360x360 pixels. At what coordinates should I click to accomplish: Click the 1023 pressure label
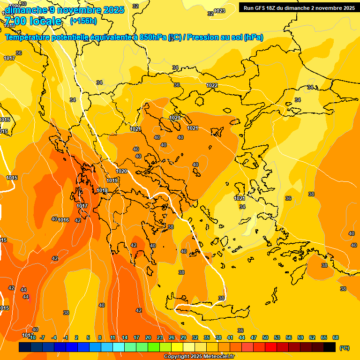pyautogui.click(x=219, y=11)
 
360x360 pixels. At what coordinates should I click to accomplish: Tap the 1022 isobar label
pyautogui.click(x=212, y=85)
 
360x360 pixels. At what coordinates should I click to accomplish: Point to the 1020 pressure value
pyautogui.click(x=122, y=171)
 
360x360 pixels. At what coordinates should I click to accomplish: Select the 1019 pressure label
pyautogui.click(x=112, y=180)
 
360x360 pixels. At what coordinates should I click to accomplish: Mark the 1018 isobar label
pyautogui.click(x=103, y=190)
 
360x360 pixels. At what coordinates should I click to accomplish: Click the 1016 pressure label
pyautogui.click(x=64, y=220)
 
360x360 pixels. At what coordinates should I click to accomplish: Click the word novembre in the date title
pyautogui.click(x=76, y=10)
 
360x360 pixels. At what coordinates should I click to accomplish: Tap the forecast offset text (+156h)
pyautogui.click(x=83, y=21)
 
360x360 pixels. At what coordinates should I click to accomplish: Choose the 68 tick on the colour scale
pyautogui.click(x=336, y=337)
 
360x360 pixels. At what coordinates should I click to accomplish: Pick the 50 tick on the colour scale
pyautogui.click(x=265, y=337)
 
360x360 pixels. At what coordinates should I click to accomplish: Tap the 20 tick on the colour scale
pyautogui.click(x=148, y=337)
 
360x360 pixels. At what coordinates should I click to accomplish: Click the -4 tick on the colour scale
pyautogui.click(x=54, y=337)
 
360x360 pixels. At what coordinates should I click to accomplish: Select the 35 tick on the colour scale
pyautogui.click(x=207, y=337)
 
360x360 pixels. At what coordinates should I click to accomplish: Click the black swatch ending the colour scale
pyautogui.click(x=330, y=347)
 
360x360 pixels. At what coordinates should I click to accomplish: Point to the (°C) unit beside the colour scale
pyautogui.click(x=345, y=347)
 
